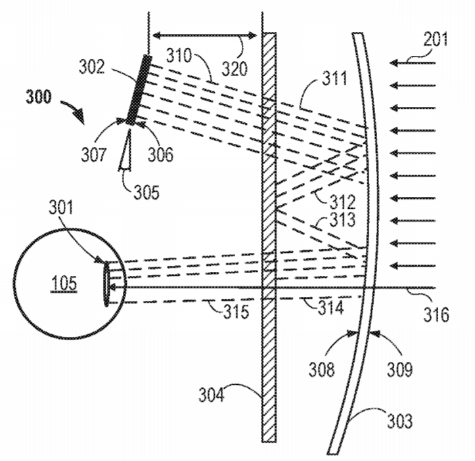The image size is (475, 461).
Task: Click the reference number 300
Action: click(x=39, y=97)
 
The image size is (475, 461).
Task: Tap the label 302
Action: click(x=92, y=66)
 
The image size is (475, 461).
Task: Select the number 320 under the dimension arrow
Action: click(x=235, y=69)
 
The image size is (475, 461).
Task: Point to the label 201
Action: click(x=436, y=39)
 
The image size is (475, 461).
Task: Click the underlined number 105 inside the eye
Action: click(x=64, y=284)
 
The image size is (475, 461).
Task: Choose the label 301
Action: click(x=61, y=208)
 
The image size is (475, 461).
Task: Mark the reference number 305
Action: click(x=147, y=192)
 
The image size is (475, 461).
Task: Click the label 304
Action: click(x=211, y=395)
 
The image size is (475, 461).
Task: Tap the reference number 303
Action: click(x=400, y=421)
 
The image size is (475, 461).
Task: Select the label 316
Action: click(x=436, y=315)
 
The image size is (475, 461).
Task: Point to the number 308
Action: click(x=322, y=369)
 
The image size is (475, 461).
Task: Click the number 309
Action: click(x=400, y=369)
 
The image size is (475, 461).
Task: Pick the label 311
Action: click(x=334, y=78)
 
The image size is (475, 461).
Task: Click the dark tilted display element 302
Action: click(x=139, y=89)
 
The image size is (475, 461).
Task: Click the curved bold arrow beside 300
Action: click(x=74, y=110)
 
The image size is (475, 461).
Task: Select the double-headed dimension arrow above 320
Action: click(x=204, y=35)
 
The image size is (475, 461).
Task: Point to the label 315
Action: click(x=237, y=311)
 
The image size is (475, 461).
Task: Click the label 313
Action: click(x=342, y=220)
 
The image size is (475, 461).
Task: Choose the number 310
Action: click(x=179, y=55)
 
